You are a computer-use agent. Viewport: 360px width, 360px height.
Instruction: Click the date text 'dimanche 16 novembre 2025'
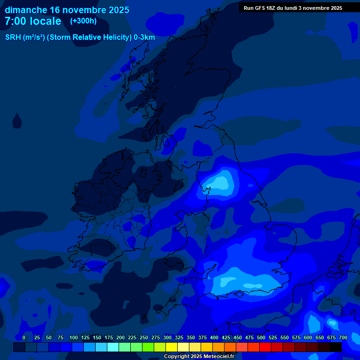click(67, 10)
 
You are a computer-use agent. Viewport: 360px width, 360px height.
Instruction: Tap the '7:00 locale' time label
click(33, 21)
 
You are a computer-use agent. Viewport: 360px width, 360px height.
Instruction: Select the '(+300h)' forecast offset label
click(83, 21)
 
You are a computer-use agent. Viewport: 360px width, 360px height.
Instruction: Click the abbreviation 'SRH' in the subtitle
click(13, 37)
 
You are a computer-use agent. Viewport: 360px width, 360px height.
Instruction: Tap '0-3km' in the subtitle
click(144, 37)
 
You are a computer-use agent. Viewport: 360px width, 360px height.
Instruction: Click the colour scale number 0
click(24, 337)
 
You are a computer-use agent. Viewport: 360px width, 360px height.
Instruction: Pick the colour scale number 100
click(74, 337)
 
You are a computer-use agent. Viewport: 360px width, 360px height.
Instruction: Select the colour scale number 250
click(144, 337)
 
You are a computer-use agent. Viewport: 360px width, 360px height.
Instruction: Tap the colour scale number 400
click(214, 337)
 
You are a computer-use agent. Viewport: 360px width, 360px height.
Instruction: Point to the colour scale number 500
click(261, 337)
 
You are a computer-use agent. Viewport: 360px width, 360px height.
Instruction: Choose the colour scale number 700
click(343, 337)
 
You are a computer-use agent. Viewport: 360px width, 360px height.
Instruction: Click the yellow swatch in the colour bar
click(172, 347)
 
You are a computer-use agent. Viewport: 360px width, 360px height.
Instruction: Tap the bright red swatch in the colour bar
click(265, 347)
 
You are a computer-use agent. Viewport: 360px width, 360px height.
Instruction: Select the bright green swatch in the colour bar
click(136, 347)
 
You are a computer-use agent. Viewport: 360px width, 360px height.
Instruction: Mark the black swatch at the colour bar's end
click(336, 347)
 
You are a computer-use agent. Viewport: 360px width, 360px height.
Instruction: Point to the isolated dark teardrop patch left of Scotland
click(17, 121)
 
